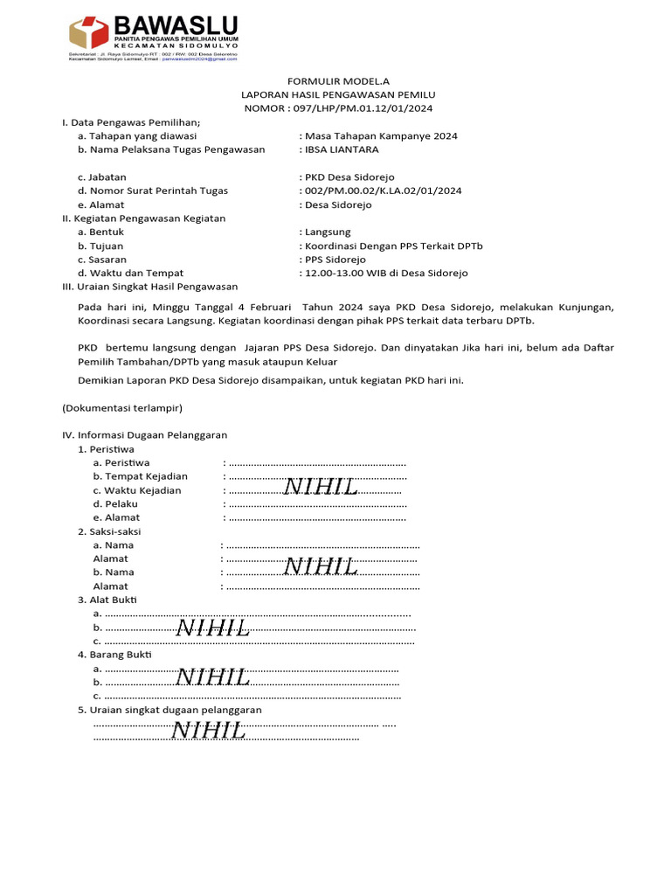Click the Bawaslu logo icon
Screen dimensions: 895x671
pos(89,32)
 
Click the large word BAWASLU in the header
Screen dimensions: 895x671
pos(175,25)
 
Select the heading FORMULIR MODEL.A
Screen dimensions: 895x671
pos(338,80)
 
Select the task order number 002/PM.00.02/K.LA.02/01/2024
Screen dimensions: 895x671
pos(383,191)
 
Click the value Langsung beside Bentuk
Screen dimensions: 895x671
pos(328,232)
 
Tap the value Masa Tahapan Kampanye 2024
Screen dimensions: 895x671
pos(381,135)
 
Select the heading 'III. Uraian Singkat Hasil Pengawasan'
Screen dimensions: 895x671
pos(149,287)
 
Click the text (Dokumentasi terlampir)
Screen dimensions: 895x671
pos(122,407)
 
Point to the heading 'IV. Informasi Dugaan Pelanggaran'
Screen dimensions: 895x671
pos(145,434)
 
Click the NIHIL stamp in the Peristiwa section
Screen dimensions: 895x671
pos(322,488)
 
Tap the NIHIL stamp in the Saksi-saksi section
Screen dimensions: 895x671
pos(322,567)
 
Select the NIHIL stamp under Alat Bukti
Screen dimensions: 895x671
pos(213,628)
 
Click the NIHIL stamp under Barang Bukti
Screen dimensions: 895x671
pos(213,677)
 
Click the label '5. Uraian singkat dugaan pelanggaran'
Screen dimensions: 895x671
pos(169,710)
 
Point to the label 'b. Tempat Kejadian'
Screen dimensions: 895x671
pos(141,476)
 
